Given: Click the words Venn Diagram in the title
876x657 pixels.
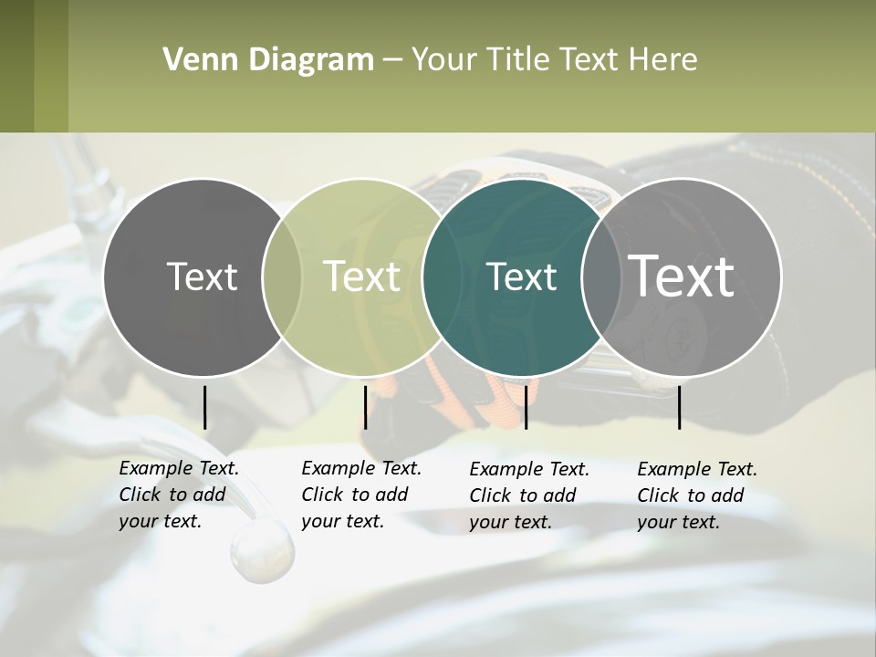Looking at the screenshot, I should [x=268, y=60].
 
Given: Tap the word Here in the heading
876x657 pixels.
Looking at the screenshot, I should [x=663, y=60].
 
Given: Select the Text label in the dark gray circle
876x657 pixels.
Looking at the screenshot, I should [x=202, y=276].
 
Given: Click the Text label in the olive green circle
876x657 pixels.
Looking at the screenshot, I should [x=362, y=276].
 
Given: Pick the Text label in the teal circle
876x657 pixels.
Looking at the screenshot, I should [x=521, y=276].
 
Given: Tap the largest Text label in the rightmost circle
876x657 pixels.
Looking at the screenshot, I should [x=682, y=276].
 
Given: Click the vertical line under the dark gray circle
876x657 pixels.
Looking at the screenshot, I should [x=204, y=407].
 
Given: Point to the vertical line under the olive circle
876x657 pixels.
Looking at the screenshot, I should [x=365, y=407].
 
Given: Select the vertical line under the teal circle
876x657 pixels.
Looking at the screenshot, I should [x=526, y=407].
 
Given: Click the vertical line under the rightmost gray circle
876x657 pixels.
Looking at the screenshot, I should [x=680, y=407].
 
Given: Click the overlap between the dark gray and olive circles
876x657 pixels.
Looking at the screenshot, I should [x=282, y=277].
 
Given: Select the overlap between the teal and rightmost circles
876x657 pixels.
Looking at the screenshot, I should [x=601, y=277].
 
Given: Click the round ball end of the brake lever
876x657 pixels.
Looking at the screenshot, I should [x=262, y=550].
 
